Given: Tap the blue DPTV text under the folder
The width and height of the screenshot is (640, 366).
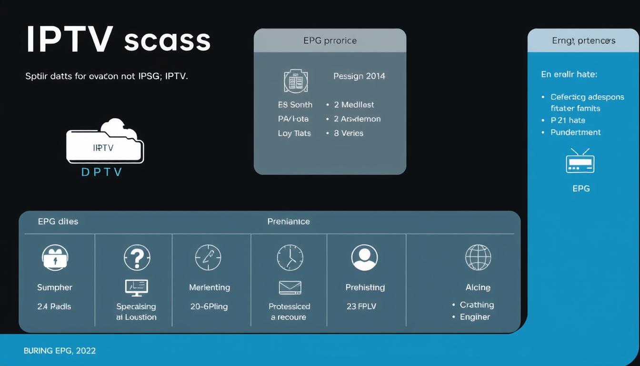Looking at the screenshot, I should [x=102, y=172].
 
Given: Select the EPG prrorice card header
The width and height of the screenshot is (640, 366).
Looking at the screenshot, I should [x=330, y=41].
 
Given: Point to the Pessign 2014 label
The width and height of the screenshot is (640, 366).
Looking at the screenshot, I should [x=359, y=76].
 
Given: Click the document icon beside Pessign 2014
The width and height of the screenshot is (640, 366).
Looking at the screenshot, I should [x=296, y=81].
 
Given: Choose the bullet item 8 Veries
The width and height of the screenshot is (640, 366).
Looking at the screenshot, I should [x=348, y=133].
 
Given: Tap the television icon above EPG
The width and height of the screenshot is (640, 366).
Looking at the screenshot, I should [x=580, y=161].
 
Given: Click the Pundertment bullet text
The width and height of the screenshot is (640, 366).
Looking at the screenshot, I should [x=575, y=132].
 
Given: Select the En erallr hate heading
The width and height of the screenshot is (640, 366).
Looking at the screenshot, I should [x=569, y=74].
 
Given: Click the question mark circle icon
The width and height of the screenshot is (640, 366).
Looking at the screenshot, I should [x=137, y=257].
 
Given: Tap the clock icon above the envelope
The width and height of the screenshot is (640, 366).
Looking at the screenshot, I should [x=290, y=258].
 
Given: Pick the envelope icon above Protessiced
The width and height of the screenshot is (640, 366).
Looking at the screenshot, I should [x=290, y=287].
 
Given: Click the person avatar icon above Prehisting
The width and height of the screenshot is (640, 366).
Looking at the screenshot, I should [x=364, y=257].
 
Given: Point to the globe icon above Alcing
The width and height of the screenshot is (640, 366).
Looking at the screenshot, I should [x=478, y=257].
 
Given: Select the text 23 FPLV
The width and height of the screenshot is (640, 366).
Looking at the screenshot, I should [x=361, y=306].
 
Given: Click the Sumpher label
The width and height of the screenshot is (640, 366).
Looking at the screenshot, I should [x=55, y=287].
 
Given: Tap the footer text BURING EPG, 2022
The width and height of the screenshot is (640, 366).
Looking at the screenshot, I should [x=60, y=351].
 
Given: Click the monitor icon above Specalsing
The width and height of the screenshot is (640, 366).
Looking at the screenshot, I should [x=136, y=287].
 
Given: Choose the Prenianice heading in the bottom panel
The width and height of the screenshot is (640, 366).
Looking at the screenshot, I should [x=289, y=222].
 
